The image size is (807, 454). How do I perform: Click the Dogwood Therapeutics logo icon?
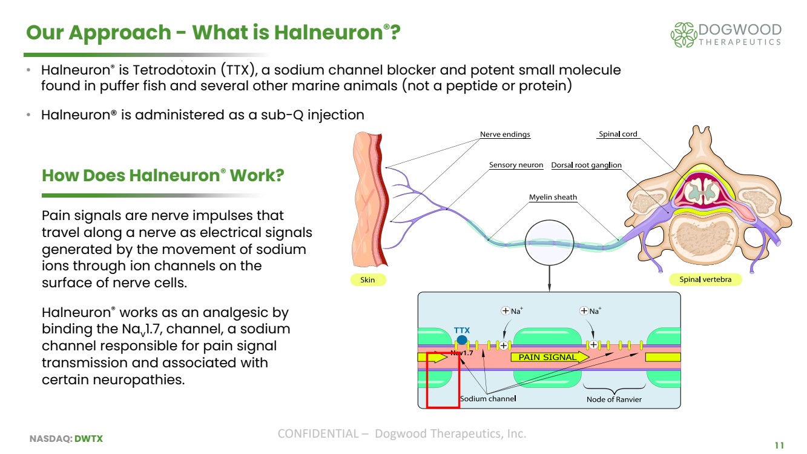click(x=683, y=35)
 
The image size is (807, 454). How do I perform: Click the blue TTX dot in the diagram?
click(x=462, y=341)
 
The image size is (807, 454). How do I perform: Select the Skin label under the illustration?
click(x=367, y=280)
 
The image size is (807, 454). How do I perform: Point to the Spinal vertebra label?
click(x=705, y=280)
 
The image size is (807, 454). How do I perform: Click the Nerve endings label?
click(x=505, y=135)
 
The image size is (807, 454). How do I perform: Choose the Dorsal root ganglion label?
click(x=586, y=165)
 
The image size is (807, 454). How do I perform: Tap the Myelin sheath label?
click(x=553, y=197)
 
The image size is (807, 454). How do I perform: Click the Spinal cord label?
click(x=618, y=135)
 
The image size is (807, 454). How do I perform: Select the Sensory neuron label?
click(x=516, y=165)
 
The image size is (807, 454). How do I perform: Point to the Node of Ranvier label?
click(x=614, y=399)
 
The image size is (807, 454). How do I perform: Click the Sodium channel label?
click(x=488, y=399)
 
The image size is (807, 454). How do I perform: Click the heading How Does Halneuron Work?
click(x=163, y=176)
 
